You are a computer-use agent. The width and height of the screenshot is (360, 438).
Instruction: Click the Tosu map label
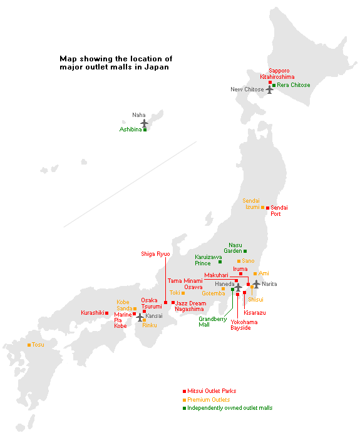point(38,345)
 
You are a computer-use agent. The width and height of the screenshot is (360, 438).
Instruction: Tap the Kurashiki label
point(92,313)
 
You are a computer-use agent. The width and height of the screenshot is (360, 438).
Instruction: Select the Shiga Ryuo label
point(155,253)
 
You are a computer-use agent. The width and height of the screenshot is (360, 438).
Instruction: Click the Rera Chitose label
point(294,85)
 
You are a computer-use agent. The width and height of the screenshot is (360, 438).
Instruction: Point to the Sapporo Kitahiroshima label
point(277,74)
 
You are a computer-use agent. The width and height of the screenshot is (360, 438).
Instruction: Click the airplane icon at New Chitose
point(270,89)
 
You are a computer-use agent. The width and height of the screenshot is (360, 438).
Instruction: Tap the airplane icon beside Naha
point(145,123)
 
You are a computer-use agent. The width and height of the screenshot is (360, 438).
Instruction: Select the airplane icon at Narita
point(256,284)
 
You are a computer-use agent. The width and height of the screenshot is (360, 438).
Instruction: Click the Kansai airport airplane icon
point(140,317)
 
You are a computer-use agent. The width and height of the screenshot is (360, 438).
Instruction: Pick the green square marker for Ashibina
point(145,130)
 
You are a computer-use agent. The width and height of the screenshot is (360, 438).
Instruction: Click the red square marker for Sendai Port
point(267,208)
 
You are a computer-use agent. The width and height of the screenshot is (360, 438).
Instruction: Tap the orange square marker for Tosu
point(29,345)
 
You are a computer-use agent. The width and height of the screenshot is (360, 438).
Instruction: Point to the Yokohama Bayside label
point(244,325)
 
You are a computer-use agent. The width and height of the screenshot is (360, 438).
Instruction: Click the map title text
point(116,63)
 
